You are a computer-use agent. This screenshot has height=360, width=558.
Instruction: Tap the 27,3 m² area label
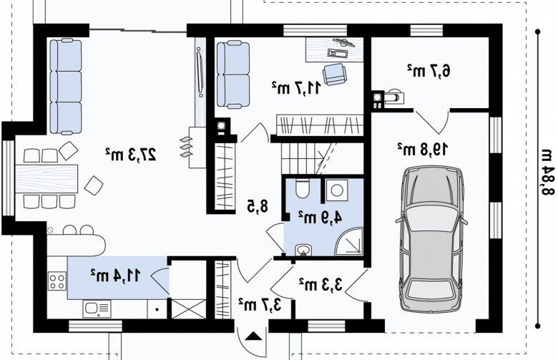(131, 154)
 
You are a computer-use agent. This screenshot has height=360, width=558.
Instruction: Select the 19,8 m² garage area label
(422, 149)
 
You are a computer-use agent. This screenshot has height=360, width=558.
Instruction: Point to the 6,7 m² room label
(428, 71)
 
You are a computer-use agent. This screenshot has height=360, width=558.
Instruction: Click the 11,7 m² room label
(296, 87)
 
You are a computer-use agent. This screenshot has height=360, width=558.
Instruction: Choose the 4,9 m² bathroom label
(320, 218)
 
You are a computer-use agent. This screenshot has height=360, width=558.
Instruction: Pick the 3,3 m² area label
(320, 285)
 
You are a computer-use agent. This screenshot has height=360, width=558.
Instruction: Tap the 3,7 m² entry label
(260, 304)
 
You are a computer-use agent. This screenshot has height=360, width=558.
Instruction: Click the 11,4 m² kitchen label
(115, 276)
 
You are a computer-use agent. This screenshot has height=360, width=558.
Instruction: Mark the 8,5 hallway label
(258, 207)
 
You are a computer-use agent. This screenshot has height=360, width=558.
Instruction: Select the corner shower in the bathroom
(349, 242)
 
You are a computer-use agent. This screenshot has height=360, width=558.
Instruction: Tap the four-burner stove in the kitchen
(57, 281)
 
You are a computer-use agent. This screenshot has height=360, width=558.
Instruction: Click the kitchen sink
(97, 308)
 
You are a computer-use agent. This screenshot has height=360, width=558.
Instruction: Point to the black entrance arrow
(253, 336)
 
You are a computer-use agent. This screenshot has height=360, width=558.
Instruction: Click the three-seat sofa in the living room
(66, 87)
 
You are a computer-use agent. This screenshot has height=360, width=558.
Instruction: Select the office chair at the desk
(335, 74)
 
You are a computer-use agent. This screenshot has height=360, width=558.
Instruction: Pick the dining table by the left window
(46, 179)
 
